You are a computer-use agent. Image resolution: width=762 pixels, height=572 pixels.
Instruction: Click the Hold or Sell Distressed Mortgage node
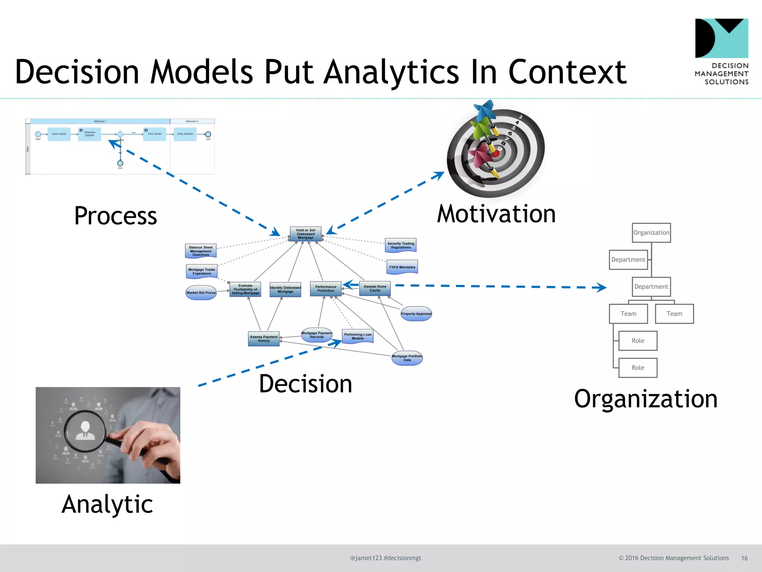click(x=305, y=234)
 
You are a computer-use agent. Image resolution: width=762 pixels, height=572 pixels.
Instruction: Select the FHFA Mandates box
click(x=402, y=267)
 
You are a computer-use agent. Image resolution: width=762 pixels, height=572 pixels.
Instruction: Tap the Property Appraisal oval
click(x=416, y=314)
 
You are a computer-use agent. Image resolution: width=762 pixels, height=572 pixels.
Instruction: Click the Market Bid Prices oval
click(x=201, y=292)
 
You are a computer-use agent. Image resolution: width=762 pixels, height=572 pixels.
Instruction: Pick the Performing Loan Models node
click(x=358, y=336)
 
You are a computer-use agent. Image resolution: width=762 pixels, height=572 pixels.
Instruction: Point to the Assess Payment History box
click(x=263, y=339)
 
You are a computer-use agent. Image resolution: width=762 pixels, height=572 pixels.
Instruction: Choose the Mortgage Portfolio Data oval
click(x=407, y=358)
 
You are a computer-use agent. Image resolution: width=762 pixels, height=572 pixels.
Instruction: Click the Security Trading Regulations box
click(x=401, y=245)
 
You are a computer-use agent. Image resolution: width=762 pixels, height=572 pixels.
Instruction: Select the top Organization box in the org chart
click(x=651, y=233)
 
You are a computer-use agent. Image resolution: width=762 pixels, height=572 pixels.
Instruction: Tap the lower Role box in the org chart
click(x=638, y=368)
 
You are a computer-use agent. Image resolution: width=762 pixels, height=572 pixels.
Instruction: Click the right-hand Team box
click(x=674, y=314)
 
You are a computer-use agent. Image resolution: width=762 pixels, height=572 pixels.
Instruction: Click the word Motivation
click(x=496, y=214)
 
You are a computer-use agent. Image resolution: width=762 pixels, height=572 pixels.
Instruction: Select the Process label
click(x=115, y=216)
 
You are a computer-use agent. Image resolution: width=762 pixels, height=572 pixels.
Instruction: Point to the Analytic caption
click(x=107, y=504)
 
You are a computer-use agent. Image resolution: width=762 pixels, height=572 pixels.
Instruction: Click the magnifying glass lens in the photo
click(x=85, y=431)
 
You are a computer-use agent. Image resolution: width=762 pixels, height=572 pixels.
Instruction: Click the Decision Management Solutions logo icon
click(x=721, y=38)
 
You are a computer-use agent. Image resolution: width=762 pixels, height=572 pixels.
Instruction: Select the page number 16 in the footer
click(x=744, y=558)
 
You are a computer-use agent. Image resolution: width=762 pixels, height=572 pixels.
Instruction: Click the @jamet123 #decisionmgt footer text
click(x=385, y=558)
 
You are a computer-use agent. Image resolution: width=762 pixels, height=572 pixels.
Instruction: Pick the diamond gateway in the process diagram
click(x=120, y=134)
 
